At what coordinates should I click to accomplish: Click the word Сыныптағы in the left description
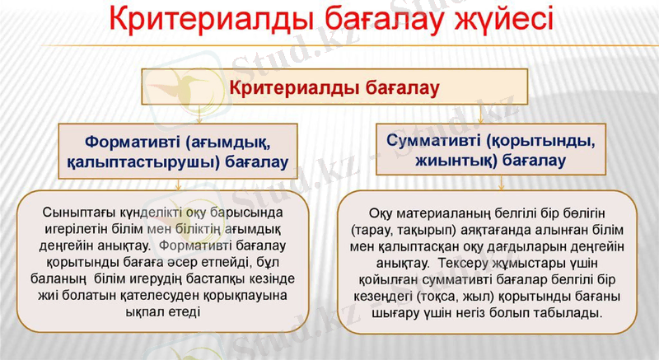(x=73, y=213)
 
